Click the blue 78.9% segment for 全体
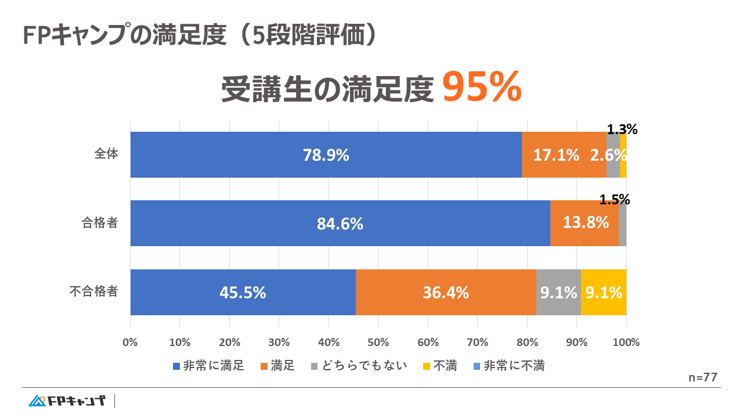click(x=326, y=155)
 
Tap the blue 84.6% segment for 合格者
click(x=340, y=224)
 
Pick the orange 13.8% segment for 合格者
click(x=584, y=222)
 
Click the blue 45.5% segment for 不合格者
click(x=243, y=293)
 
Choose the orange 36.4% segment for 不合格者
click(x=445, y=293)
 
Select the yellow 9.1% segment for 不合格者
click(x=604, y=293)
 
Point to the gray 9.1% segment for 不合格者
click(x=558, y=293)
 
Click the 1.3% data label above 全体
click(x=622, y=130)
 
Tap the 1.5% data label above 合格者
click(x=614, y=200)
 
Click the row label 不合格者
click(x=93, y=291)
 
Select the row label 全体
click(x=106, y=154)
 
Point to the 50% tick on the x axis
click(x=378, y=343)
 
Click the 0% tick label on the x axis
click(x=130, y=343)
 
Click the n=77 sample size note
click(x=702, y=377)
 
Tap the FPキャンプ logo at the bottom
click(x=67, y=401)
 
